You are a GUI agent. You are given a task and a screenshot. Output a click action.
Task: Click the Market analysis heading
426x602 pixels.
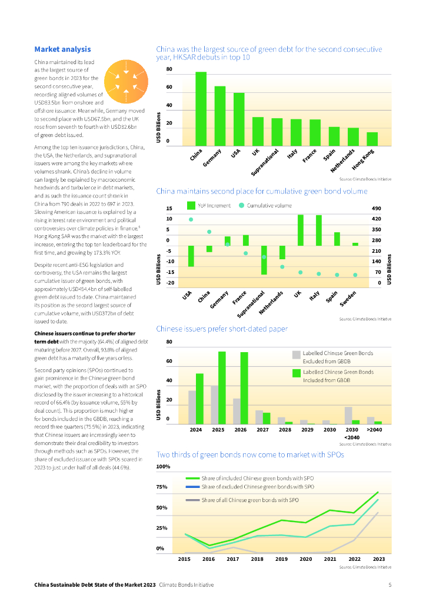[62, 49]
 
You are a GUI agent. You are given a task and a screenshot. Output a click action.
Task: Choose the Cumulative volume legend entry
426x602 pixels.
[264, 206]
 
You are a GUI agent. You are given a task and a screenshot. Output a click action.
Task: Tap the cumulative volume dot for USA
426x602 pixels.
[191, 220]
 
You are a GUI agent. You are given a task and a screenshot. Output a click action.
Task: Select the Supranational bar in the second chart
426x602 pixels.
[264, 260]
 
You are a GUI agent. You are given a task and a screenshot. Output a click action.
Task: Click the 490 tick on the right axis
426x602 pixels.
[377, 209]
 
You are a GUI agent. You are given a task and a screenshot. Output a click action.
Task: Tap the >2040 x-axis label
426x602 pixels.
[374, 430]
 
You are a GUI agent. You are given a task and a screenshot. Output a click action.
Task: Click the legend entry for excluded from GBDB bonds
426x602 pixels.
[333, 356]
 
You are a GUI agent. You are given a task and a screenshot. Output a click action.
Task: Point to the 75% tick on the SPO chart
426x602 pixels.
[162, 487]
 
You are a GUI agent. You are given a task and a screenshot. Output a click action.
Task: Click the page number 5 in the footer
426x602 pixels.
[390, 585]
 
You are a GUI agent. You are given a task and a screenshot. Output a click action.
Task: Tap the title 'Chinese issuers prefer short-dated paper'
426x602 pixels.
[221, 329]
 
